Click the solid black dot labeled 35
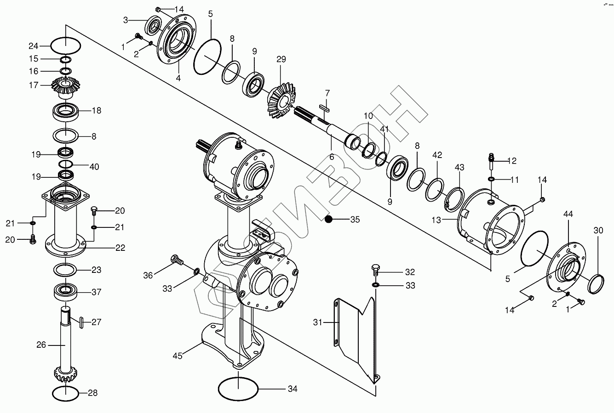click(x=328, y=219)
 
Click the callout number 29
click(x=281, y=59)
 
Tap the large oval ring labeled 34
click(x=238, y=389)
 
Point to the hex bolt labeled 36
click(x=177, y=260)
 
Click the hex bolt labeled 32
click(x=375, y=270)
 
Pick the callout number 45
click(x=178, y=356)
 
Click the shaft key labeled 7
click(x=325, y=107)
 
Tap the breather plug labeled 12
click(x=492, y=162)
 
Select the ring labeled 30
click(x=596, y=284)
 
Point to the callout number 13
click(x=436, y=220)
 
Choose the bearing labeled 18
click(x=65, y=112)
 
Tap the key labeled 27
click(x=81, y=322)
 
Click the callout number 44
click(x=568, y=214)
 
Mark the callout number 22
click(x=121, y=248)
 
